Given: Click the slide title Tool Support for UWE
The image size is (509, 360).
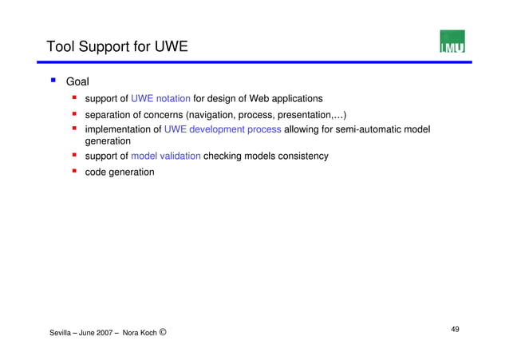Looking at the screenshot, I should point(117,46).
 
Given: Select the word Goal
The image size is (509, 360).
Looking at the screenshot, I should point(77,81).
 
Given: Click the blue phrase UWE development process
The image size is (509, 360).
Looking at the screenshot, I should point(223,129).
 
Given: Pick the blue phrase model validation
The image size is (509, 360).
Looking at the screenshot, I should point(165,156).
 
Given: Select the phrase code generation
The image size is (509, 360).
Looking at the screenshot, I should point(120,172).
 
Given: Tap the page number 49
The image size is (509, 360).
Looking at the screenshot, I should point(455,329).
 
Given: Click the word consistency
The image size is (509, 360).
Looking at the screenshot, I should point(300,156).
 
